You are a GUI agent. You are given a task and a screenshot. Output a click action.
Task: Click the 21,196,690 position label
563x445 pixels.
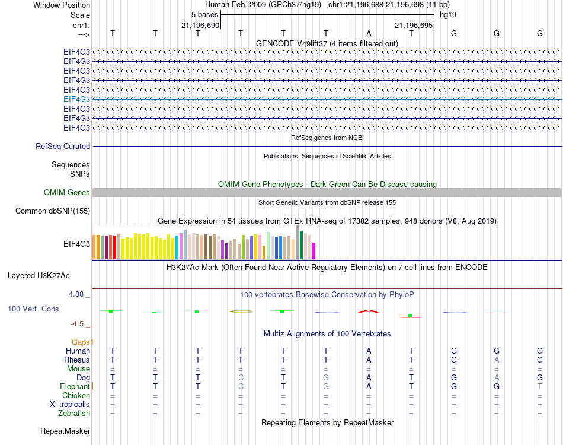point(200,25)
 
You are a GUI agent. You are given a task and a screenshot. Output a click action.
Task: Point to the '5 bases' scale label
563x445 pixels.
point(204,14)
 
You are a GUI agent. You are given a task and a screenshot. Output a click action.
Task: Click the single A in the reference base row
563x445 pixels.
point(369,33)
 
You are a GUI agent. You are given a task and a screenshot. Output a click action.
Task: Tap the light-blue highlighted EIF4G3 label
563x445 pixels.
point(76,99)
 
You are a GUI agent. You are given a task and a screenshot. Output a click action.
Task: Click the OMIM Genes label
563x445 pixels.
point(67,192)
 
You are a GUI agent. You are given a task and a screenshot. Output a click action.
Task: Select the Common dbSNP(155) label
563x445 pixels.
point(53,211)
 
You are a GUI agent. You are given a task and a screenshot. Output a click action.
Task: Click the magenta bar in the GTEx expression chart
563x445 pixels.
point(314,251)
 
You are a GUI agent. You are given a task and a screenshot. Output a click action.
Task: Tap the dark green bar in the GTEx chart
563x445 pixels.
point(302,245)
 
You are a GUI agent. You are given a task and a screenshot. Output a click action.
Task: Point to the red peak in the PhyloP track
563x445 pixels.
point(368,310)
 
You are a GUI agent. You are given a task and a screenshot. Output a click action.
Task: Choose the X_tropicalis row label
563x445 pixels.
point(70,404)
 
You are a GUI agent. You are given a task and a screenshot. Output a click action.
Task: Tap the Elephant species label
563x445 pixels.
point(75,386)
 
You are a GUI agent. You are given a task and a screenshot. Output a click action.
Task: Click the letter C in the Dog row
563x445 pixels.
point(241,377)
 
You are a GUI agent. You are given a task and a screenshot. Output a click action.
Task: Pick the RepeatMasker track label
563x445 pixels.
point(65,431)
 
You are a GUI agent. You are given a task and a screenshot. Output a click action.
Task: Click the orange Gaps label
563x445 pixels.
point(82,342)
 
